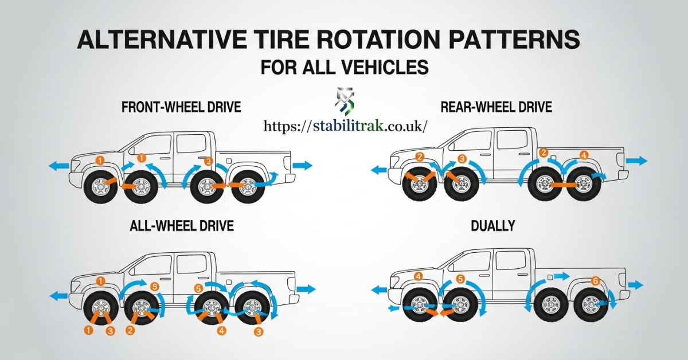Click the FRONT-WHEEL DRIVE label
pyautogui.click(x=181, y=107)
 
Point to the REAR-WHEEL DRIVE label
pyautogui.click(x=496, y=107)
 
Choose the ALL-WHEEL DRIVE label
pyautogui.click(x=181, y=226)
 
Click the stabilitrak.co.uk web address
pyautogui.click(x=346, y=126)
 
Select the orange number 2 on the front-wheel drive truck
pyautogui.click(x=208, y=161)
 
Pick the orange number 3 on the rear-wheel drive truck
pyautogui.click(x=463, y=158)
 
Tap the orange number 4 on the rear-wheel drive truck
pyautogui.click(x=584, y=155)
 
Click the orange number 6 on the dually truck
pyautogui.click(x=596, y=281)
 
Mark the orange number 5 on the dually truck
pyautogui.click(x=460, y=280)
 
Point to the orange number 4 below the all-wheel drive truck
pyautogui.click(x=222, y=330)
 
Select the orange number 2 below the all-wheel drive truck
pyautogui.click(x=130, y=330)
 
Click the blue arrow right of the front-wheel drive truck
pyautogui.click(x=302, y=166)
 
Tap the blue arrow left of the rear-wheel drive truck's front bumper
pyautogui.click(x=378, y=170)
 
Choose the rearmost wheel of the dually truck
pyautogui.click(x=589, y=304)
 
